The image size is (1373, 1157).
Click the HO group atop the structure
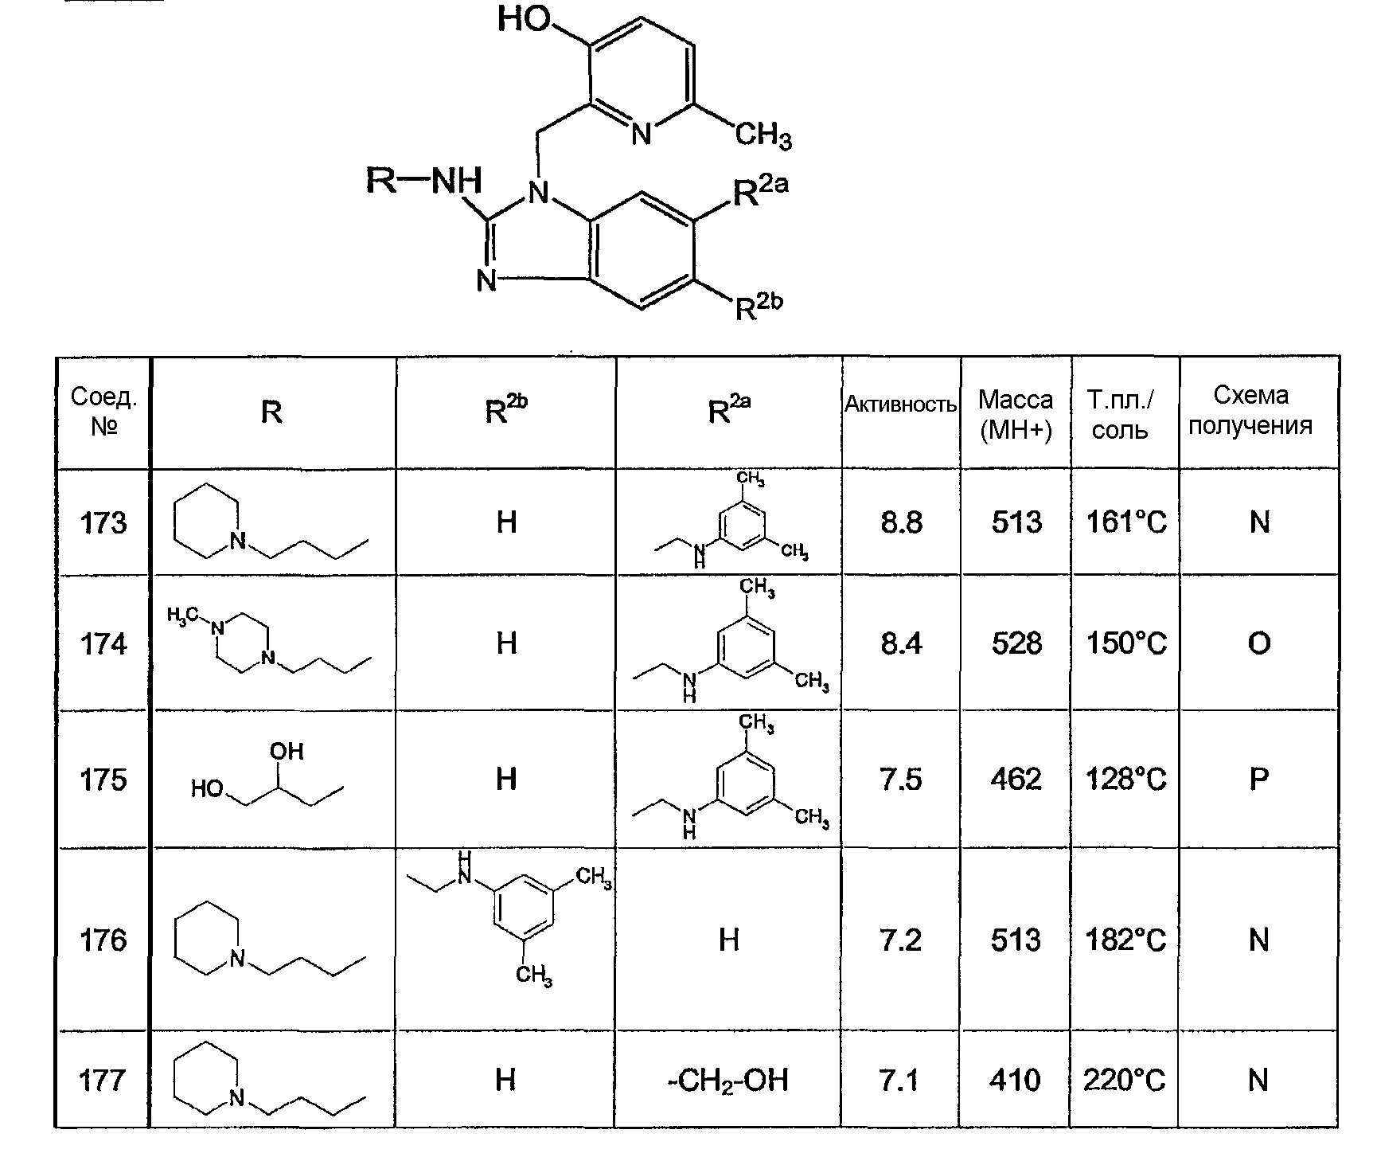[x=525, y=18]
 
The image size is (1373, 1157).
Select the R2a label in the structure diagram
[x=760, y=191]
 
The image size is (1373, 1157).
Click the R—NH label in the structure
[x=423, y=181]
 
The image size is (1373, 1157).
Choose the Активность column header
[x=900, y=405]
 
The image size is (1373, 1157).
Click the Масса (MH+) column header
[x=1016, y=414]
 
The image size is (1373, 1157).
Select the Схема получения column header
[x=1250, y=410]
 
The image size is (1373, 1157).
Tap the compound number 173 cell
[x=103, y=522]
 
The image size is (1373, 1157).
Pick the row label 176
[x=103, y=940]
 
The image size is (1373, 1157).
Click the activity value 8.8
[x=902, y=522]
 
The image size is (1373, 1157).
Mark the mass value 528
[x=1016, y=643]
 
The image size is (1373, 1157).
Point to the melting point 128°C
[x=1126, y=779]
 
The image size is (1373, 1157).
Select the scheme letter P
[x=1258, y=779]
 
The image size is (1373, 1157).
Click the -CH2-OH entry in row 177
[x=728, y=1081]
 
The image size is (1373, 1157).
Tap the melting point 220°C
[x=1125, y=1081]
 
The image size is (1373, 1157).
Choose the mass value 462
[x=1016, y=779]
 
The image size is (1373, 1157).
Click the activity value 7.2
[x=902, y=940]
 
